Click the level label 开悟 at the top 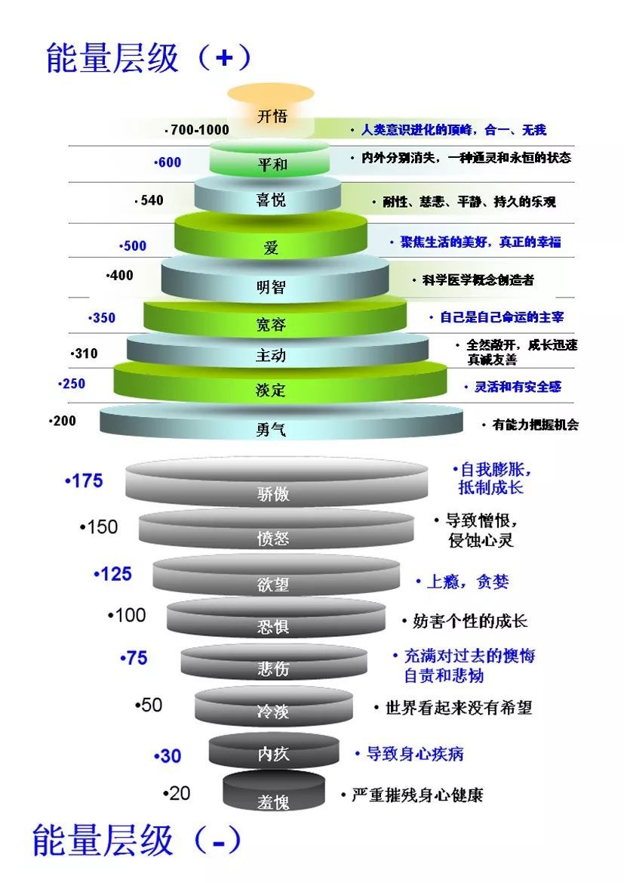tap(272, 116)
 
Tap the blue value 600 tap(169, 162)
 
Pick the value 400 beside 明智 tap(121, 276)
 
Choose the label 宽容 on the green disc tap(271, 326)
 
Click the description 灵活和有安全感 tap(518, 387)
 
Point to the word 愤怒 tap(272, 539)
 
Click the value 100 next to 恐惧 tap(130, 615)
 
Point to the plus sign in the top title tap(223, 58)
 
